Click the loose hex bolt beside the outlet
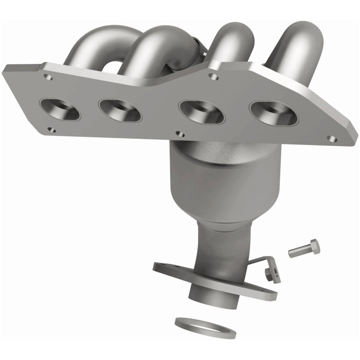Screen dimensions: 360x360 [303, 248]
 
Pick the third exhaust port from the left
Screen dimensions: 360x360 [202, 112]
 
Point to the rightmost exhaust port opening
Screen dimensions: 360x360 [274, 112]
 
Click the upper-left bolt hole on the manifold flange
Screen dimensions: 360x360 [50, 77]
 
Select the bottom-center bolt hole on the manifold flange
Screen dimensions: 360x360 [180, 134]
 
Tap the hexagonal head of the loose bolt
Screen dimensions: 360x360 [315, 246]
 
